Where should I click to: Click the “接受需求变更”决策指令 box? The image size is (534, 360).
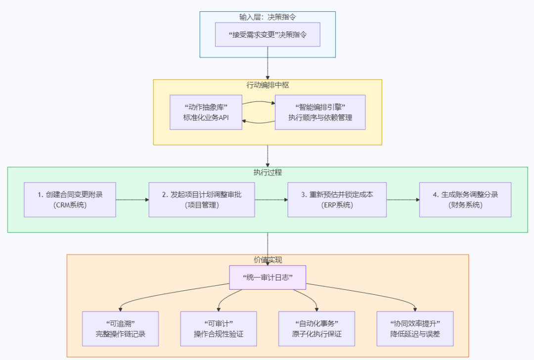pyautogui.click(x=267, y=35)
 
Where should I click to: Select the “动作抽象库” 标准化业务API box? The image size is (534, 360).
pyautogui.click(x=206, y=112)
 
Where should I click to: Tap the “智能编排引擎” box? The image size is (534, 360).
pyautogui.click(x=320, y=112)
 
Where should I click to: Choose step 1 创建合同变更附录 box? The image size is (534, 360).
pyautogui.click(x=70, y=200)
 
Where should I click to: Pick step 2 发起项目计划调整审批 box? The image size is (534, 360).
pyautogui.click(x=202, y=200)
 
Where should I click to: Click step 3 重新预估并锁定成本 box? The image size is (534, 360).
pyautogui.click(x=337, y=200)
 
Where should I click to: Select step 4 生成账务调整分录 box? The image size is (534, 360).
pyautogui.click(x=465, y=200)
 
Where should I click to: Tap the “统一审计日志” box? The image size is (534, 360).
pyautogui.click(x=267, y=277)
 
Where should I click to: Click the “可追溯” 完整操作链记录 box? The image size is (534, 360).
pyautogui.click(x=120, y=329)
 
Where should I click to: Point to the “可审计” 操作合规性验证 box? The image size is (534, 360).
pyautogui.click(x=219, y=329)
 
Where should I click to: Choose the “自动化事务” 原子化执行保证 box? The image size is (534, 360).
pyautogui.click(x=316, y=329)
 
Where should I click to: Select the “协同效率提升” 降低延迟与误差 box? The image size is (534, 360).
pyautogui.click(x=415, y=329)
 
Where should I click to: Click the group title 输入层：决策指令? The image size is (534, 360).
pyautogui.click(x=267, y=17)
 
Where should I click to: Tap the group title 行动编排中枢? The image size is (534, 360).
pyautogui.click(x=267, y=85)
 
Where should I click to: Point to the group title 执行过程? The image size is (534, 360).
pyautogui.click(x=267, y=173)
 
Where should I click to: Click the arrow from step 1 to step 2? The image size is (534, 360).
pyautogui.click(x=132, y=200)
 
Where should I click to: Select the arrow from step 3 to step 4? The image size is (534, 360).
pyautogui.click(x=403, y=200)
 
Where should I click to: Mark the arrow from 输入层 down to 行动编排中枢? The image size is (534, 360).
pyautogui.click(x=267, y=63)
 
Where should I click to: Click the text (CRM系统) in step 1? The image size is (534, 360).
pyautogui.click(x=70, y=205)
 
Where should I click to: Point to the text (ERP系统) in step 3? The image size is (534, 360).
pyautogui.click(x=337, y=205)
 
